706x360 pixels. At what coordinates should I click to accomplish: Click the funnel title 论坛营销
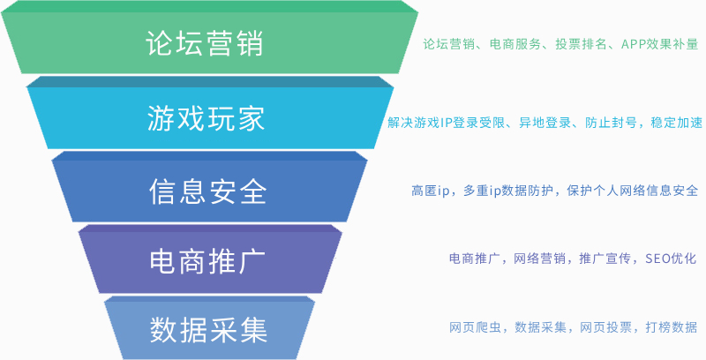pyautogui.click(x=205, y=43)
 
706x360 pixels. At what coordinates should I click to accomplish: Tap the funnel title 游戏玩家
pyautogui.click(x=206, y=118)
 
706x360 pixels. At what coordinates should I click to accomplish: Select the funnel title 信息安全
pyautogui.click(x=207, y=191)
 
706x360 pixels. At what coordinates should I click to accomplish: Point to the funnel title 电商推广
pyautogui.click(x=207, y=262)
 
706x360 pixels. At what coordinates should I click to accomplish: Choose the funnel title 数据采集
pyautogui.click(x=208, y=330)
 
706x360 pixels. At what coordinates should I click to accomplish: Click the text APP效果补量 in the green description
pyautogui.click(x=659, y=44)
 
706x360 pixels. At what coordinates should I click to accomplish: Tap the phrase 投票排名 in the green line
pyautogui.click(x=581, y=44)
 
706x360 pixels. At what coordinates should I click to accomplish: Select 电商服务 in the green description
pyautogui.click(x=515, y=44)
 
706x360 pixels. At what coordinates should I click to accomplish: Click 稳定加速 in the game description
pyautogui.click(x=677, y=123)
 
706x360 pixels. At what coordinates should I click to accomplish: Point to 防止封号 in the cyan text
pyautogui.click(x=611, y=123)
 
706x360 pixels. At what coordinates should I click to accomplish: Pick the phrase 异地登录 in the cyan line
pyautogui.click(x=545, y=123)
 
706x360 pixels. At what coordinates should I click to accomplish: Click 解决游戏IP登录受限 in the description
pyautogui.click(x=447, y=123)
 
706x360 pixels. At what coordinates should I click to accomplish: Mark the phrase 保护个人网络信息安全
pyautogui.click(x=633, y=191)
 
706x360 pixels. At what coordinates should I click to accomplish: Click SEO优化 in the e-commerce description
pyautogui.click(x=671, y=259)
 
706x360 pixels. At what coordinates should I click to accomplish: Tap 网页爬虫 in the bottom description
pyautogui.click(x=475, y=327)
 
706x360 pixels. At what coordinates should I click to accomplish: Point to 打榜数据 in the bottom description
pyautogui.click(x=672, y=327)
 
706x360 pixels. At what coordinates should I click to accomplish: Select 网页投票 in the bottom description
pyautogui.click(x=605, y=327)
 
